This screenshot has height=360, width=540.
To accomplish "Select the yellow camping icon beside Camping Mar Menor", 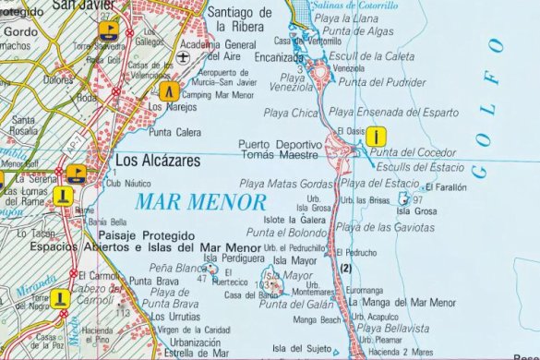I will pyautogui.click(x=168, y=91).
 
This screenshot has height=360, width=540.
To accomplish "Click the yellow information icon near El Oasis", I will pyautogui.click(x=376, y=136).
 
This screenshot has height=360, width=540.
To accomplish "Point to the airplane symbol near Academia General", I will pyautogui.click(x=185, y=56).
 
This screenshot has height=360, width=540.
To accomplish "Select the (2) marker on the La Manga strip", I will pyautogui.click(x=347, y=268).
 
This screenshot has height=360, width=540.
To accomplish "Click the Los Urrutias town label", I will pyautogui.click(x=174, y=317).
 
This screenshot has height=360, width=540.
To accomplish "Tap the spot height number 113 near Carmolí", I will pyautogui.click(x=122, y=313).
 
